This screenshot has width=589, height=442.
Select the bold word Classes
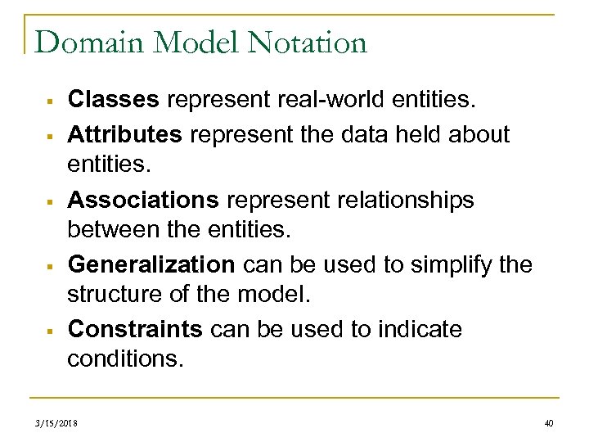(114, 100)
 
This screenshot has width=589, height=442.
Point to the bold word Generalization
(151, 265)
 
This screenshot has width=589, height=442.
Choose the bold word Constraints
(135, 329)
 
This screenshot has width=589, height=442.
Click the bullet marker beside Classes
(50, 101)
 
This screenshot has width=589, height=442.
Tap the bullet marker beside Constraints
(50, 331)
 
